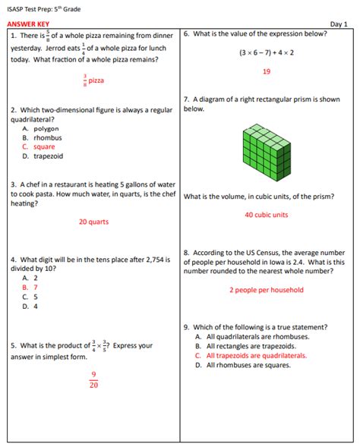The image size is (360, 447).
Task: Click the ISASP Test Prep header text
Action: coord(43,8)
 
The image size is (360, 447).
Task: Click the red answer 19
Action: coord(267,71)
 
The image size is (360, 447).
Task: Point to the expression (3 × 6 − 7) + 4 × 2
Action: coord(267,52)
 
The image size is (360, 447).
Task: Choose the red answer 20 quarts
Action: coord(93,222)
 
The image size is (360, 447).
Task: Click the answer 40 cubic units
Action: coord(267,215)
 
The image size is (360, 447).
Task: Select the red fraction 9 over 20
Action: coord(93,379)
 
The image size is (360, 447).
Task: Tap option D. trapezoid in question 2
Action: coord(43,156)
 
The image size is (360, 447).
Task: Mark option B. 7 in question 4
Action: coord(30,288)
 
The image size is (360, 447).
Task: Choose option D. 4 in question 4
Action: coord(30,307)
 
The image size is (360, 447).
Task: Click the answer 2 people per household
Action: coord(267,290)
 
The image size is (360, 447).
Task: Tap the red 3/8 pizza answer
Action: coord(93,80)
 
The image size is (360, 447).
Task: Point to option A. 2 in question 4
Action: coord(30,278)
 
